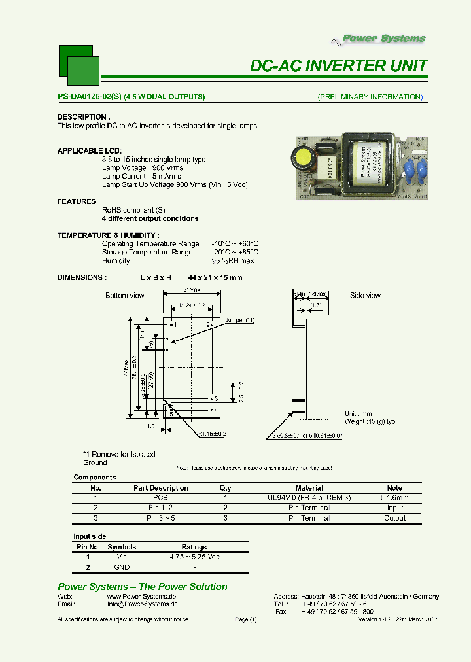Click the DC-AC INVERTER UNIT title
(x=339, y=66)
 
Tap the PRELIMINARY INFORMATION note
(x=370, y=97)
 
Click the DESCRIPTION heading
(x=82, y=117)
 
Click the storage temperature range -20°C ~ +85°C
(x=235, y=252)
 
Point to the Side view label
(x=365, y=296)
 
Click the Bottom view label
(x=125, y=296)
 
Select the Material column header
(x=309, y=488)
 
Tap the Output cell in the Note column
(x=394, y=518)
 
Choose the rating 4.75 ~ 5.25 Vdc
(x=194, y=557)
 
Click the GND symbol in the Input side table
(x=122, y=567)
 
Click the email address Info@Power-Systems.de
(x=142, y=605)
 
